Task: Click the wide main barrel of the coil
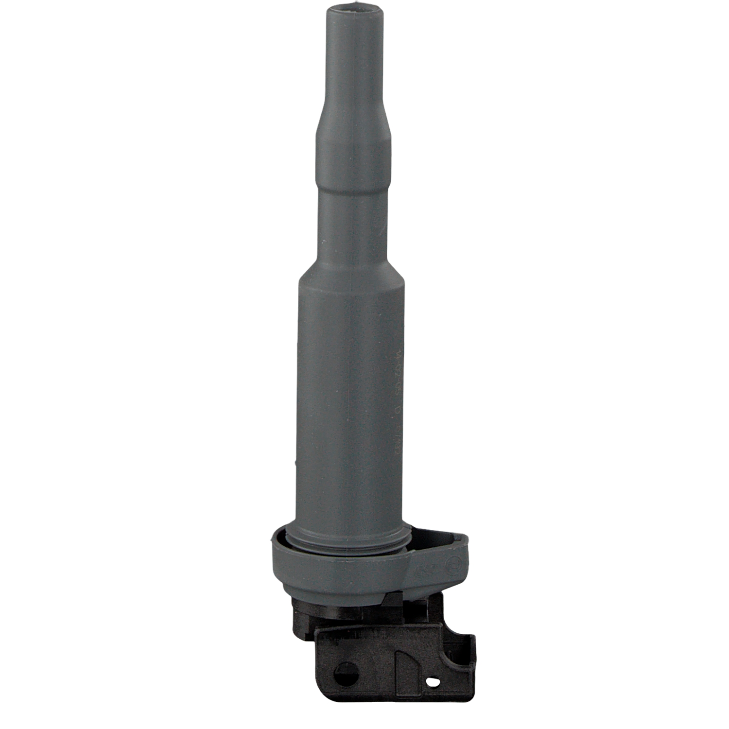click(x=347, y=389)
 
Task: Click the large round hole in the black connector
click(x=347, y=675)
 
